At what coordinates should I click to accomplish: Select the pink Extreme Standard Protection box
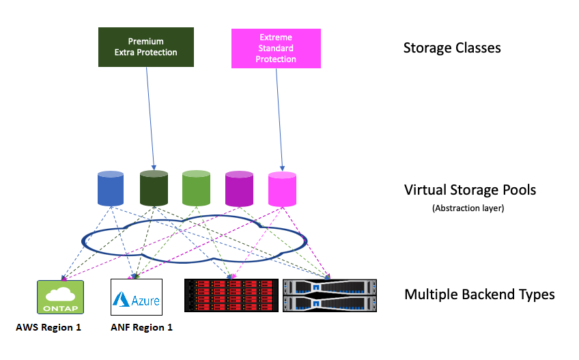click(x=276, y=49)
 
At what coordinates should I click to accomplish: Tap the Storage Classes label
click(x=452, y=48)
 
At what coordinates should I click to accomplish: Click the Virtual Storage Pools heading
click(x=470, y=190)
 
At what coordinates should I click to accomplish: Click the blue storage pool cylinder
click(x=111, y=189)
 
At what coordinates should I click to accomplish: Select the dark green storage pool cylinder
click(x=154, y=189)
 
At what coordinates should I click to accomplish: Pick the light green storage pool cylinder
click(x=196, y=189)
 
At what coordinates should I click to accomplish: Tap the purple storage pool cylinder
click(x=239, y=189)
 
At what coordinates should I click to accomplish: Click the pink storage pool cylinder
click(x=282, y=189)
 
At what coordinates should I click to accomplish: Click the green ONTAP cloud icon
click(x=60, y=296)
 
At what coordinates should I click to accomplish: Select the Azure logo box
click(x=136, y=296)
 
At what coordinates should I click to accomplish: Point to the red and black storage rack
click(x=231, y=295)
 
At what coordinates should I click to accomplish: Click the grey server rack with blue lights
click(x=330, y=295)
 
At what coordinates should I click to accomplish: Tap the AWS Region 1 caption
click(x=48, y=327)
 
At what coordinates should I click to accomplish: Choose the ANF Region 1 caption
click(x=141, y=327)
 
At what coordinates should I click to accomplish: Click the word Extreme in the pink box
click(x=276, y=38)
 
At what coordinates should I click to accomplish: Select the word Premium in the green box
click(x=145, y=42)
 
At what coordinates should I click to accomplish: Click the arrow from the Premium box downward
click(x=150, y=116)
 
